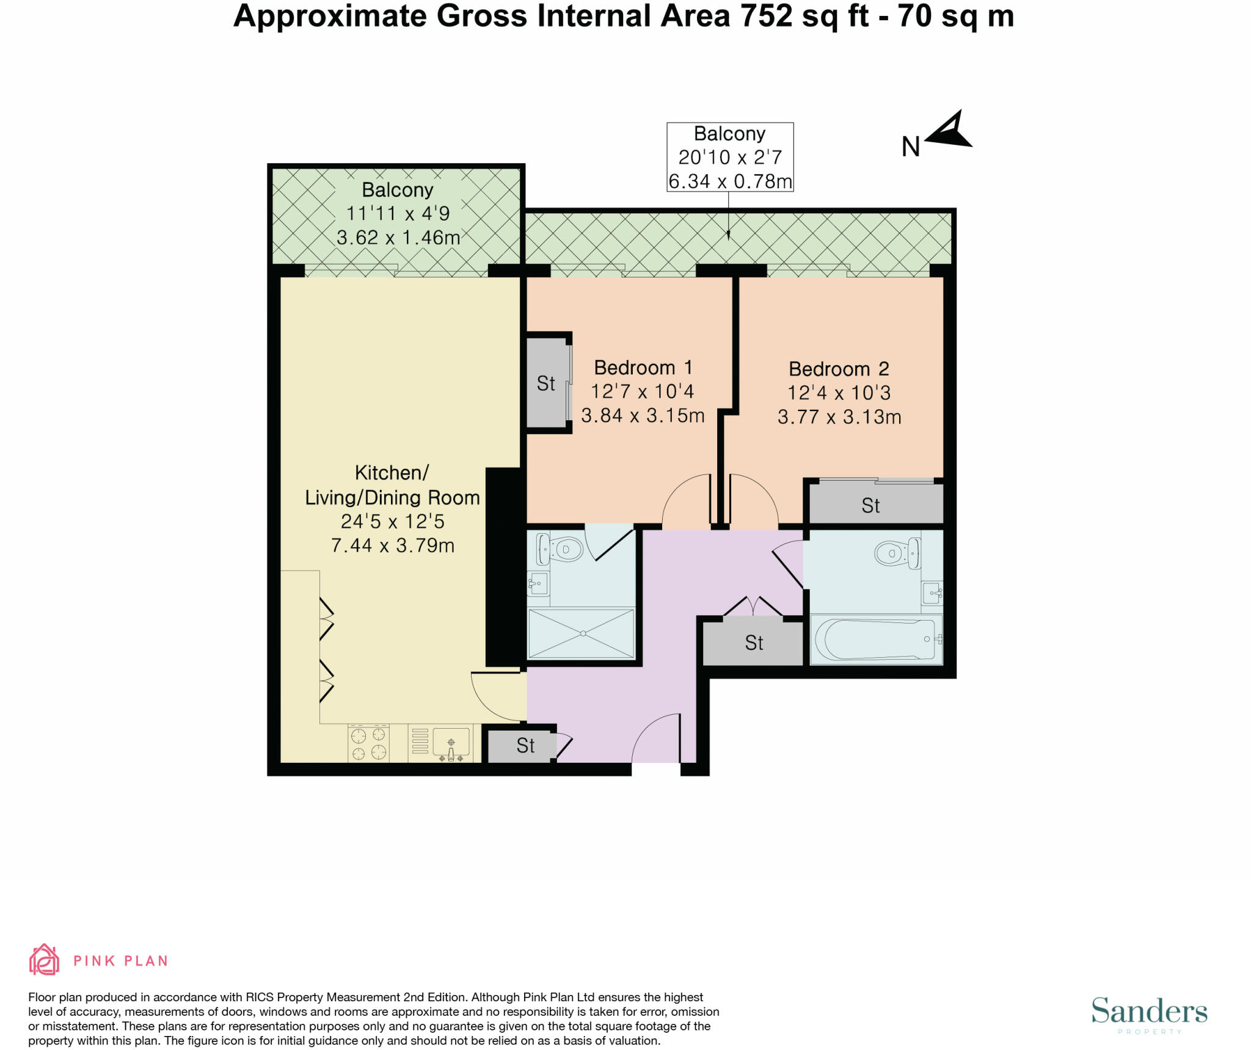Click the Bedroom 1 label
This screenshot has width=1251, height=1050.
pos(643,368)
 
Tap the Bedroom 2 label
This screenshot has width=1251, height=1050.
pos(839,369)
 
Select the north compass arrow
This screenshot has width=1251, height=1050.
pos(949,130)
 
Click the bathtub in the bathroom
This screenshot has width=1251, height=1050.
pos(876,640)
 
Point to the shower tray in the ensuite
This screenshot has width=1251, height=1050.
pos(582,633)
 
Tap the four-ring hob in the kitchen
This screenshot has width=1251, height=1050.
pos(369,743)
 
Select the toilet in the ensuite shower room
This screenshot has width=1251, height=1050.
pos(559,549)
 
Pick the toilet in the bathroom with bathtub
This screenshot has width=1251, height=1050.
pos(899,553)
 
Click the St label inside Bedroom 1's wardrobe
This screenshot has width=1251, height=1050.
pos(545,384)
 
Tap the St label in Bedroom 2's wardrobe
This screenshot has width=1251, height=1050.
pos(870,506)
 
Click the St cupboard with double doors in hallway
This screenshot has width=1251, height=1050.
pos(753,643)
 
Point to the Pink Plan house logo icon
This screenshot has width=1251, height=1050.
pos(44,960)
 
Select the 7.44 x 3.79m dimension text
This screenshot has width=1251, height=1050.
pos(393,545)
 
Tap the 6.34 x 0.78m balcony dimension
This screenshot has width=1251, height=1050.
pos(730,181)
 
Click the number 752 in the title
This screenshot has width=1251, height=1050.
pos(766,16)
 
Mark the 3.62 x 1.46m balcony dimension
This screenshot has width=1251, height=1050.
pos(398,237)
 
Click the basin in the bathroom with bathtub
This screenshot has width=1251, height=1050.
pos(932,592)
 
